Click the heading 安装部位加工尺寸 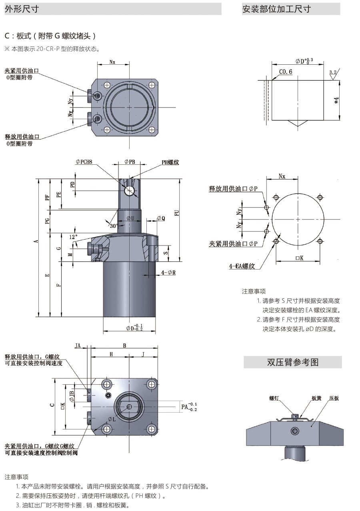(x=276, y=9)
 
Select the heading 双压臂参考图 (x=293, y=362)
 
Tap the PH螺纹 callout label (x=170, y=162)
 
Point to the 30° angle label (x=114, y=226)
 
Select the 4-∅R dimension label (x=168, y=273)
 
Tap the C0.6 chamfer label (x=286, y=72)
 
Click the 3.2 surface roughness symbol (x=332, y=72)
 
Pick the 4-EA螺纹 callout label (x=242, y=266)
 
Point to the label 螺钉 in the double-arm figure (x=274, y=398)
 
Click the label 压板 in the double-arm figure (x=334, y=398)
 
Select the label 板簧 (x=317, y=398)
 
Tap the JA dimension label (x=78, y=345)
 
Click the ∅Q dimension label (x=160, y=218)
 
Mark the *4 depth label (x=336, y=100)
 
